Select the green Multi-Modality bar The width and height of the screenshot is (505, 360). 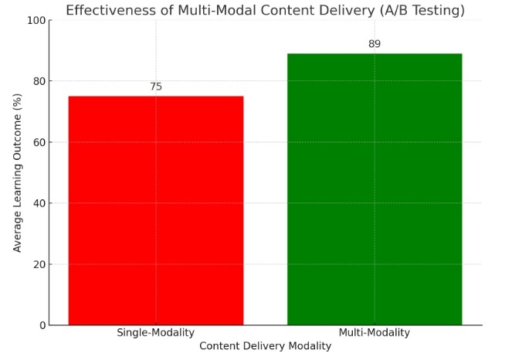[x=375, y=189]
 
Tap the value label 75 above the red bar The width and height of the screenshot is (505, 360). [x=156, y=87]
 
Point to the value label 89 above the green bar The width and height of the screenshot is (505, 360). [x=375, y=44]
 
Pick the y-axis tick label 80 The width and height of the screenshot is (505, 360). [x=37, y=81]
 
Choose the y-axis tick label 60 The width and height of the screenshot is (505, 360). [x=37, y=142]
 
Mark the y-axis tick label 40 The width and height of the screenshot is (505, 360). [x=37, y=203]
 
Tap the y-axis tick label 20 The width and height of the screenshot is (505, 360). [x=37, y=264]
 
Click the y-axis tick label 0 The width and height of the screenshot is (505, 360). [x=40, y=325]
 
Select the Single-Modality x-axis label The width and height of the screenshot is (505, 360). [x=156, y=333]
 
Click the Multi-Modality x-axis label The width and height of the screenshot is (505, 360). [x=375, y=333]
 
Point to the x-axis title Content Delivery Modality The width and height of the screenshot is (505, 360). [x=265, y=346]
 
